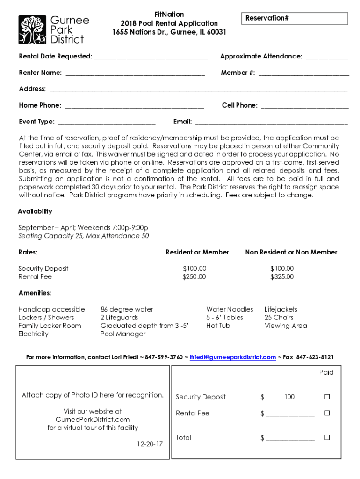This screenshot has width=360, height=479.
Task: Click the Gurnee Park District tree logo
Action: tap(32, 30)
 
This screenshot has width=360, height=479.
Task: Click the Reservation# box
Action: tap(294, 18)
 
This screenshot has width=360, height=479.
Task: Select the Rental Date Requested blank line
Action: tap(151, 57)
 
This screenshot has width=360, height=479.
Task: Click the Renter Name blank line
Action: tap(135, 73)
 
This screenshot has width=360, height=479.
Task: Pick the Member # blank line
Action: tap(303, 73)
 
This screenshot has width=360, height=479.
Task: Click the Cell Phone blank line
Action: tap(304, 106)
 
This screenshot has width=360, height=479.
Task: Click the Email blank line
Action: tap(271, 123)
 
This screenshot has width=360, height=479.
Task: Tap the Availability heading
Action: tap(35, 211)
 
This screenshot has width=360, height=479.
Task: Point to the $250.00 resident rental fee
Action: tap(194, 276)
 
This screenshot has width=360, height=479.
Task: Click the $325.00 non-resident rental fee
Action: tap(282, 276)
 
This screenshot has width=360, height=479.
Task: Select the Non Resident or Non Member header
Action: tap(291, 252)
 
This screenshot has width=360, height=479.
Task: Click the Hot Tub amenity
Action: tap(218, 326)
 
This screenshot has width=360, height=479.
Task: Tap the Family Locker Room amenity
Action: tap(50, 326)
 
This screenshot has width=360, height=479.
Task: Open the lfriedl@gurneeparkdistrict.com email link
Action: tap(233, 357)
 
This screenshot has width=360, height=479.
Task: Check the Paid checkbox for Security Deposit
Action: tap(327, 397)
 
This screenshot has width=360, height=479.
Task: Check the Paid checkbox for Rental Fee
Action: tap(327, 413)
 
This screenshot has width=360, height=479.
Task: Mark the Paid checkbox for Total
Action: tap(327, 438)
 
